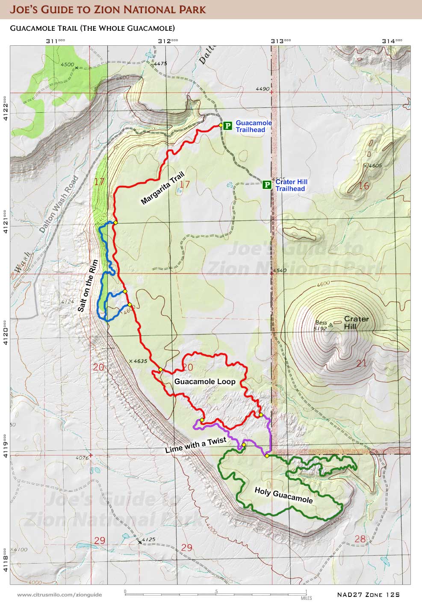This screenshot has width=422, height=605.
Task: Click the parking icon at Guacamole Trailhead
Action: pyautogui.click(x=228, y=126)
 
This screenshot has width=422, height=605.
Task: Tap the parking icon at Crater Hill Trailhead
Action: pyautogui.click(x=267, y=185)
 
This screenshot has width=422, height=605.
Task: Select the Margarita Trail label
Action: pyautogui.click(x=162, y=188)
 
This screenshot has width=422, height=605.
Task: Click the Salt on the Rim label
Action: pyautogui.click(x=89, y=286)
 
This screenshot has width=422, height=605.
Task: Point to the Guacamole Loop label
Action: pyautogui.click(x=205, y=382)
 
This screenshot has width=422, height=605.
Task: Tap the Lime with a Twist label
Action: pyautogui.click(x=196, y=445)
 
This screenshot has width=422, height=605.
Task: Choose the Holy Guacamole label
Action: pyautogui.click(x=283, y=495)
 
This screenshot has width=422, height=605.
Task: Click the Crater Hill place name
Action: pyautogui.click(x=356, y=323)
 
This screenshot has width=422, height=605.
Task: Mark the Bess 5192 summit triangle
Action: pyautogui.click(x=331, y=325)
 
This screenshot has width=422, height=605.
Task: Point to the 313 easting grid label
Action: pyautogui.click(x=280, y=41)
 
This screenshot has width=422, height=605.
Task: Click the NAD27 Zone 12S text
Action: pyautogui.click(x=368, y=594)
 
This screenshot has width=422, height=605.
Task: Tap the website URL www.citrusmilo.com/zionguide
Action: pyautogui.click(x=59, y=595)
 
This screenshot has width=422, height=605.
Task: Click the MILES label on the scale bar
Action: pyautogui.click(x=306, y=598)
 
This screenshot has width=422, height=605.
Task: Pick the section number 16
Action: pyautogui.click(x=363, y=186)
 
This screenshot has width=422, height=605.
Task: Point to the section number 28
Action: pyautogui.click(x=360, y=539)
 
